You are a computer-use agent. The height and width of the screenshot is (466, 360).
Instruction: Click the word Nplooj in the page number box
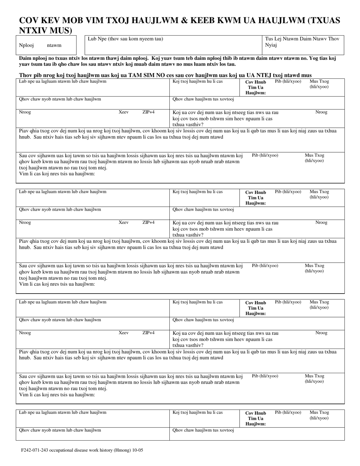point(27,45)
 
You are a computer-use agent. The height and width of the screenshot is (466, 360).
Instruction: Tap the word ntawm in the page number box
point(54,45)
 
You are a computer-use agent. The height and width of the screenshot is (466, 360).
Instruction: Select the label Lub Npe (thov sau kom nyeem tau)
point(125,39)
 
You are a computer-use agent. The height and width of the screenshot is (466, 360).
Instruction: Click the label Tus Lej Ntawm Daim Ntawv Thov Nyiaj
point(302,42)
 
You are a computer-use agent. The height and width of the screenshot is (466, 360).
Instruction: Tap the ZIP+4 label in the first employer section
point(148,112)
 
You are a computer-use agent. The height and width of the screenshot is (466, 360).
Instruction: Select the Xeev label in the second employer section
point(123,222)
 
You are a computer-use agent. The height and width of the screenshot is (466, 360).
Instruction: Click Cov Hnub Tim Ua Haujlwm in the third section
point(255,308)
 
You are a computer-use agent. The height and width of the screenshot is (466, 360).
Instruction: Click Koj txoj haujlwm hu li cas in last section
point(197,412)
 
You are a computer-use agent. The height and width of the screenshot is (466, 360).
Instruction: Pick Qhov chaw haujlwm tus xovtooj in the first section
point(203,99)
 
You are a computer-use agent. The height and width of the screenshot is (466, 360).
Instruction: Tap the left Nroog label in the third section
point(25,333)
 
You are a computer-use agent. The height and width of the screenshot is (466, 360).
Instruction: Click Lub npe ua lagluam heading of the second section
point(63,192)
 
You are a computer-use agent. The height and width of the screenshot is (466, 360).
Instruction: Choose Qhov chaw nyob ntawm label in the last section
point(60,430)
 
